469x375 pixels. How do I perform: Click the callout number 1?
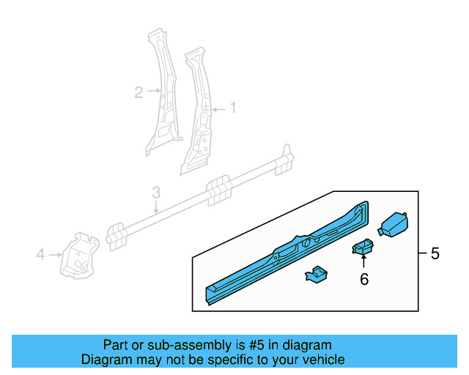pyautogui.click(x=233, y=108)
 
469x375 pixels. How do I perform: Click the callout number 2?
pyautogui.click(x=139, y=92)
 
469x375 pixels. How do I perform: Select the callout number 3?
pyautogui.click(x=156, y=193)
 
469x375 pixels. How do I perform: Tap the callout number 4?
pyautogui.click(x=41, y=254)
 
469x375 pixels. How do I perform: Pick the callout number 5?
pyautogui.click(x=435, y=254)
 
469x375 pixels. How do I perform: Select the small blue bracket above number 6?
pyautogui.click(x=363, y=249)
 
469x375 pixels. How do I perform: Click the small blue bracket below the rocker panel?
pyautogui.click(x=316, y=275)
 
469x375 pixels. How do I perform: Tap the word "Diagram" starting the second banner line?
pyautogui.click(x=106, y=360)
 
